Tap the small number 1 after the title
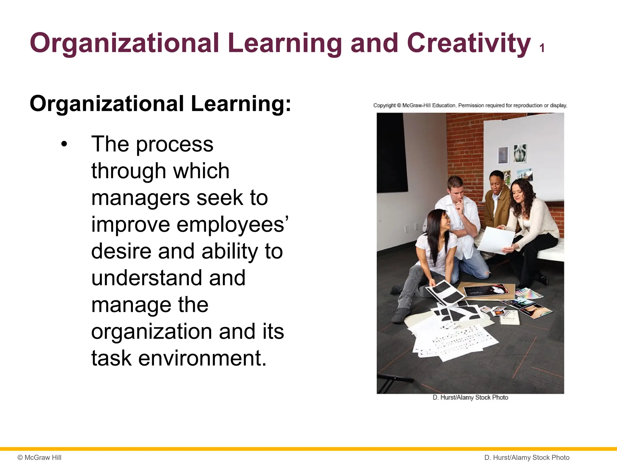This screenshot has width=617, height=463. (542, 48)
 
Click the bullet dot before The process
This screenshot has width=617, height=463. (64, 144)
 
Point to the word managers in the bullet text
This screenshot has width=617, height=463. (140, 198)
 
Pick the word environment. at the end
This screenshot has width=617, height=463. (202, 358)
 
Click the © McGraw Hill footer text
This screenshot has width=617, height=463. (39, 458)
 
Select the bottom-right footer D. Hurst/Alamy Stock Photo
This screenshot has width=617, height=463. (527, 458)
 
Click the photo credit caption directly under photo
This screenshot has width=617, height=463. (470, 398)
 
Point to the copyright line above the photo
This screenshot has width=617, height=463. (470, 106)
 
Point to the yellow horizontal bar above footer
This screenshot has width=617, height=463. (308, 449)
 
